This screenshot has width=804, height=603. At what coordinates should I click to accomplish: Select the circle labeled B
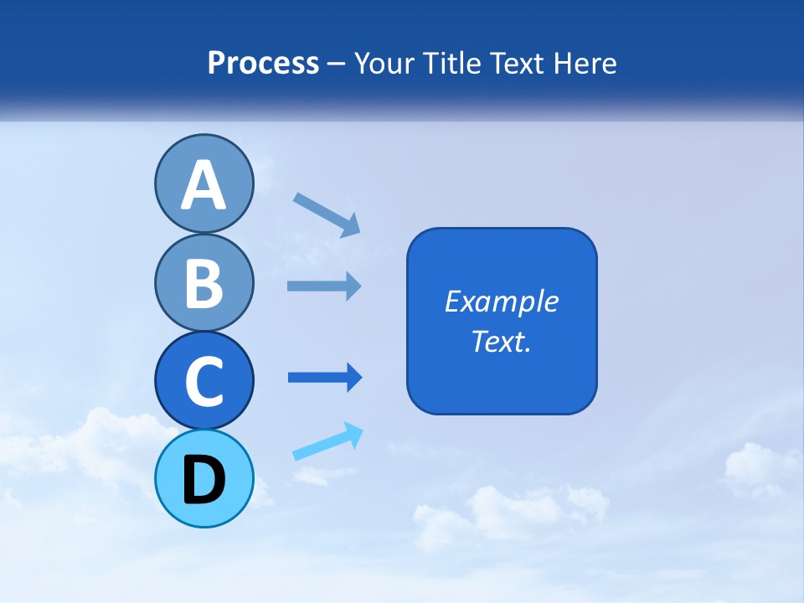tap(204, 282)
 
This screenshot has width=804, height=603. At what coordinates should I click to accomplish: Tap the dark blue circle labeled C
tap(204, 381)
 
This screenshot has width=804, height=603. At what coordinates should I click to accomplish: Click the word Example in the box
tap(502, 301)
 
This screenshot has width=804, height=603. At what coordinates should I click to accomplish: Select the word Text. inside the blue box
tap(502, 341)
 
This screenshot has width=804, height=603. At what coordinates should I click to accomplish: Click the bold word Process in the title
tap(263, 63)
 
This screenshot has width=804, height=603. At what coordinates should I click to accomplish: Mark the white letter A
tap(204, 185)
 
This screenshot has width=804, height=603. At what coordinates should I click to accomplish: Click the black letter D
tap(204, 480)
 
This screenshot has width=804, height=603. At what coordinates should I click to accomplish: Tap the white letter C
tap(204, 381)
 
